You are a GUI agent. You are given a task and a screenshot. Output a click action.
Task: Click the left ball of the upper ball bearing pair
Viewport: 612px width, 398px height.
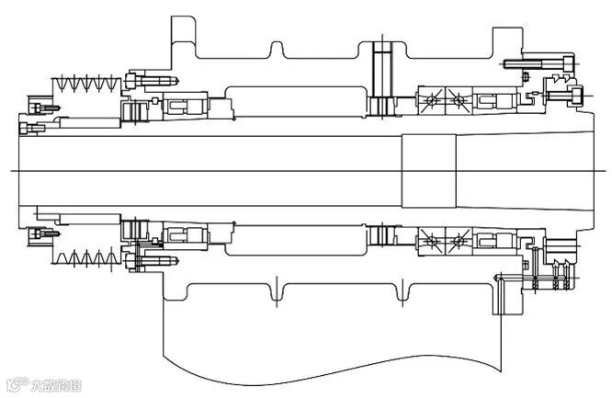tap(430, 98)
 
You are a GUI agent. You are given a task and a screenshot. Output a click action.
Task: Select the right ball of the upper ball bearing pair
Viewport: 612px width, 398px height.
tap(455, 98)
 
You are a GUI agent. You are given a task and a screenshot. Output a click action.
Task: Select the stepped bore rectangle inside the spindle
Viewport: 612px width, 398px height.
tap(428, 171)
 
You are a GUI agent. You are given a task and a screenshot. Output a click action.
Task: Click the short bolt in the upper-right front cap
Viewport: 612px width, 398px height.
tap(563, 93)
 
